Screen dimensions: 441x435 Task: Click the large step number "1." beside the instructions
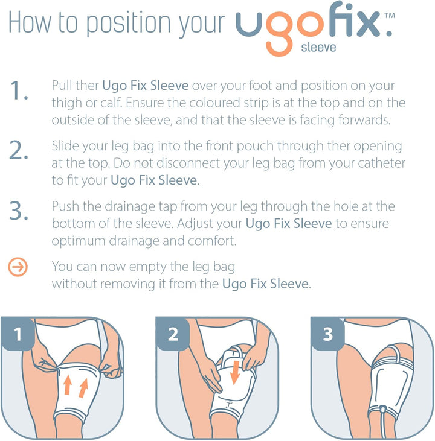point(19,91)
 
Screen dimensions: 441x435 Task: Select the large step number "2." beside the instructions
point(19,151)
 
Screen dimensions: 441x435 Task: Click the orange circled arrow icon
point(19,267)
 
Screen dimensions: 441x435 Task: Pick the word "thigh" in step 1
point(67,103)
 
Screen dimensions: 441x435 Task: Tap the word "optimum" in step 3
point(76,240)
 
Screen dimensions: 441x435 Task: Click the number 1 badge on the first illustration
point(18,334)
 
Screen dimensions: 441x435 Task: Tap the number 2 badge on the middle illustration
point(173,334)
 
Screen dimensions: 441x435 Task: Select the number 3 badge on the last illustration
point(328,334)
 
